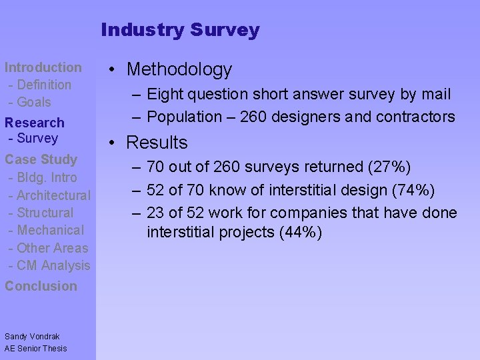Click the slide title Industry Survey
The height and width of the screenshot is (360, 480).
pos(180,30)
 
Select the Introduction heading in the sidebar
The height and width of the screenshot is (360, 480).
pos(43,67)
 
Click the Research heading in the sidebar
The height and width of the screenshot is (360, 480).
pos(35,123)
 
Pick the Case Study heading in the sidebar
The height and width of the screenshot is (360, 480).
pos(41,159)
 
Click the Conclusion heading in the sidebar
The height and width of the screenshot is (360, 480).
pos(41,286)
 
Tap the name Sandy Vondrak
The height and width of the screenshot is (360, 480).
pos(32,337)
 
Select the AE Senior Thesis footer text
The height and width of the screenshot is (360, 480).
pos(36,348)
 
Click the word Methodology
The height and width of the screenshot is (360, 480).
pos(179,69)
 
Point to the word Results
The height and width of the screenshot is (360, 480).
pos(157,143)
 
